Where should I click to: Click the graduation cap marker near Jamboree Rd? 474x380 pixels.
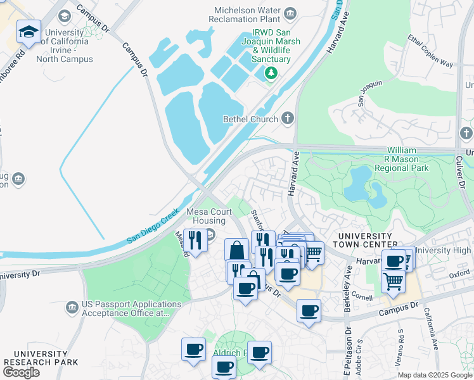[x=29, y=32]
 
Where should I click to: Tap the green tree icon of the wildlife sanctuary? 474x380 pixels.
[x=271, y=73]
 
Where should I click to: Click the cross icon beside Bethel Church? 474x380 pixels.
[x=288, y=118]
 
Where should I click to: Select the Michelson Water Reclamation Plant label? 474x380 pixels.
[x=248, y=11]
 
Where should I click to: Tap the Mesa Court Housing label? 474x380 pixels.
[x=205, y=217]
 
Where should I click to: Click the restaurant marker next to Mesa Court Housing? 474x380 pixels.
[x=195, y=241]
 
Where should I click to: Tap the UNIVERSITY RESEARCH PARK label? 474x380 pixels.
[x=41, y=358]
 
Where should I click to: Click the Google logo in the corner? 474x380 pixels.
[x=21, y=372]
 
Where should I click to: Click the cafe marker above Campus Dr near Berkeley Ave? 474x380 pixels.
[x=309, y=311]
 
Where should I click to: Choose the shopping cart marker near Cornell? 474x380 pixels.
[x=393, y=281]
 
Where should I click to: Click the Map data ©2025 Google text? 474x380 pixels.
[x=434, y=375]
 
